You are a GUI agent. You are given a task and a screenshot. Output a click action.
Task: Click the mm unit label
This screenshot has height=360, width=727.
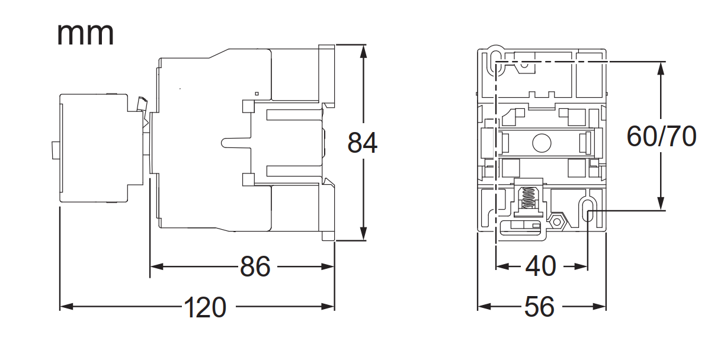coord(85,34)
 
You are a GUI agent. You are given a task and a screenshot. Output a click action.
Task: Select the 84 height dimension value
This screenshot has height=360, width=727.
coord(362,143)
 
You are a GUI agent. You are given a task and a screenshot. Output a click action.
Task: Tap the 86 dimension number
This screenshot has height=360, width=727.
coord(255,267)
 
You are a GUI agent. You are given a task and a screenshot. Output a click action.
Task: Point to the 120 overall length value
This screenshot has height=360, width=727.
coord(204,307)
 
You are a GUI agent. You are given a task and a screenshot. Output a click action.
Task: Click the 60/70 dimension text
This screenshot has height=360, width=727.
coord(661,137)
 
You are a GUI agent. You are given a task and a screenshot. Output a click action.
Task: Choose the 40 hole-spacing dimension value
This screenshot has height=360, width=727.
coord(540,267)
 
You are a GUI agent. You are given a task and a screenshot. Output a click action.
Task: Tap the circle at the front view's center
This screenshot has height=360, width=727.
coord(541,143)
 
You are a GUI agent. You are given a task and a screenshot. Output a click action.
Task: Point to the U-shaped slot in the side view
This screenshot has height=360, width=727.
coord(234,143)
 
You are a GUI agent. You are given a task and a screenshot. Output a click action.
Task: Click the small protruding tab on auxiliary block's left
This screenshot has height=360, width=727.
coord(53,150)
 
